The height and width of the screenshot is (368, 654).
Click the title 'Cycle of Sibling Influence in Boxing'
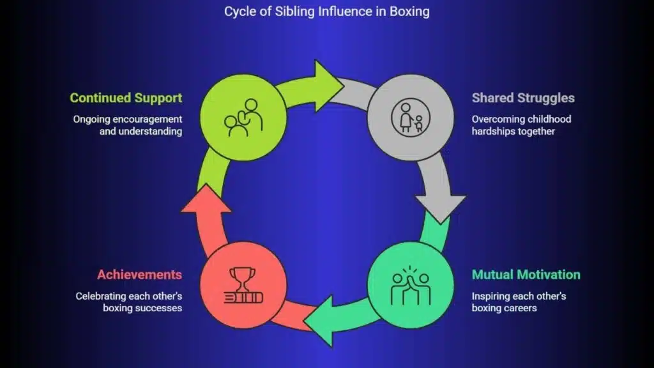coord(327,11)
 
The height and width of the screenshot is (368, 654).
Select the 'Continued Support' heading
coord(126,98)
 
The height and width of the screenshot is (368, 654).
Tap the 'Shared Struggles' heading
coord(523,98)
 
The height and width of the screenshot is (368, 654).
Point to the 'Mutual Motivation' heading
coord(526,275)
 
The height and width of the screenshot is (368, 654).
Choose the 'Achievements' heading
coord(139,275)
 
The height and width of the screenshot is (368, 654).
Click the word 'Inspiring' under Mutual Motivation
coord(492,296)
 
